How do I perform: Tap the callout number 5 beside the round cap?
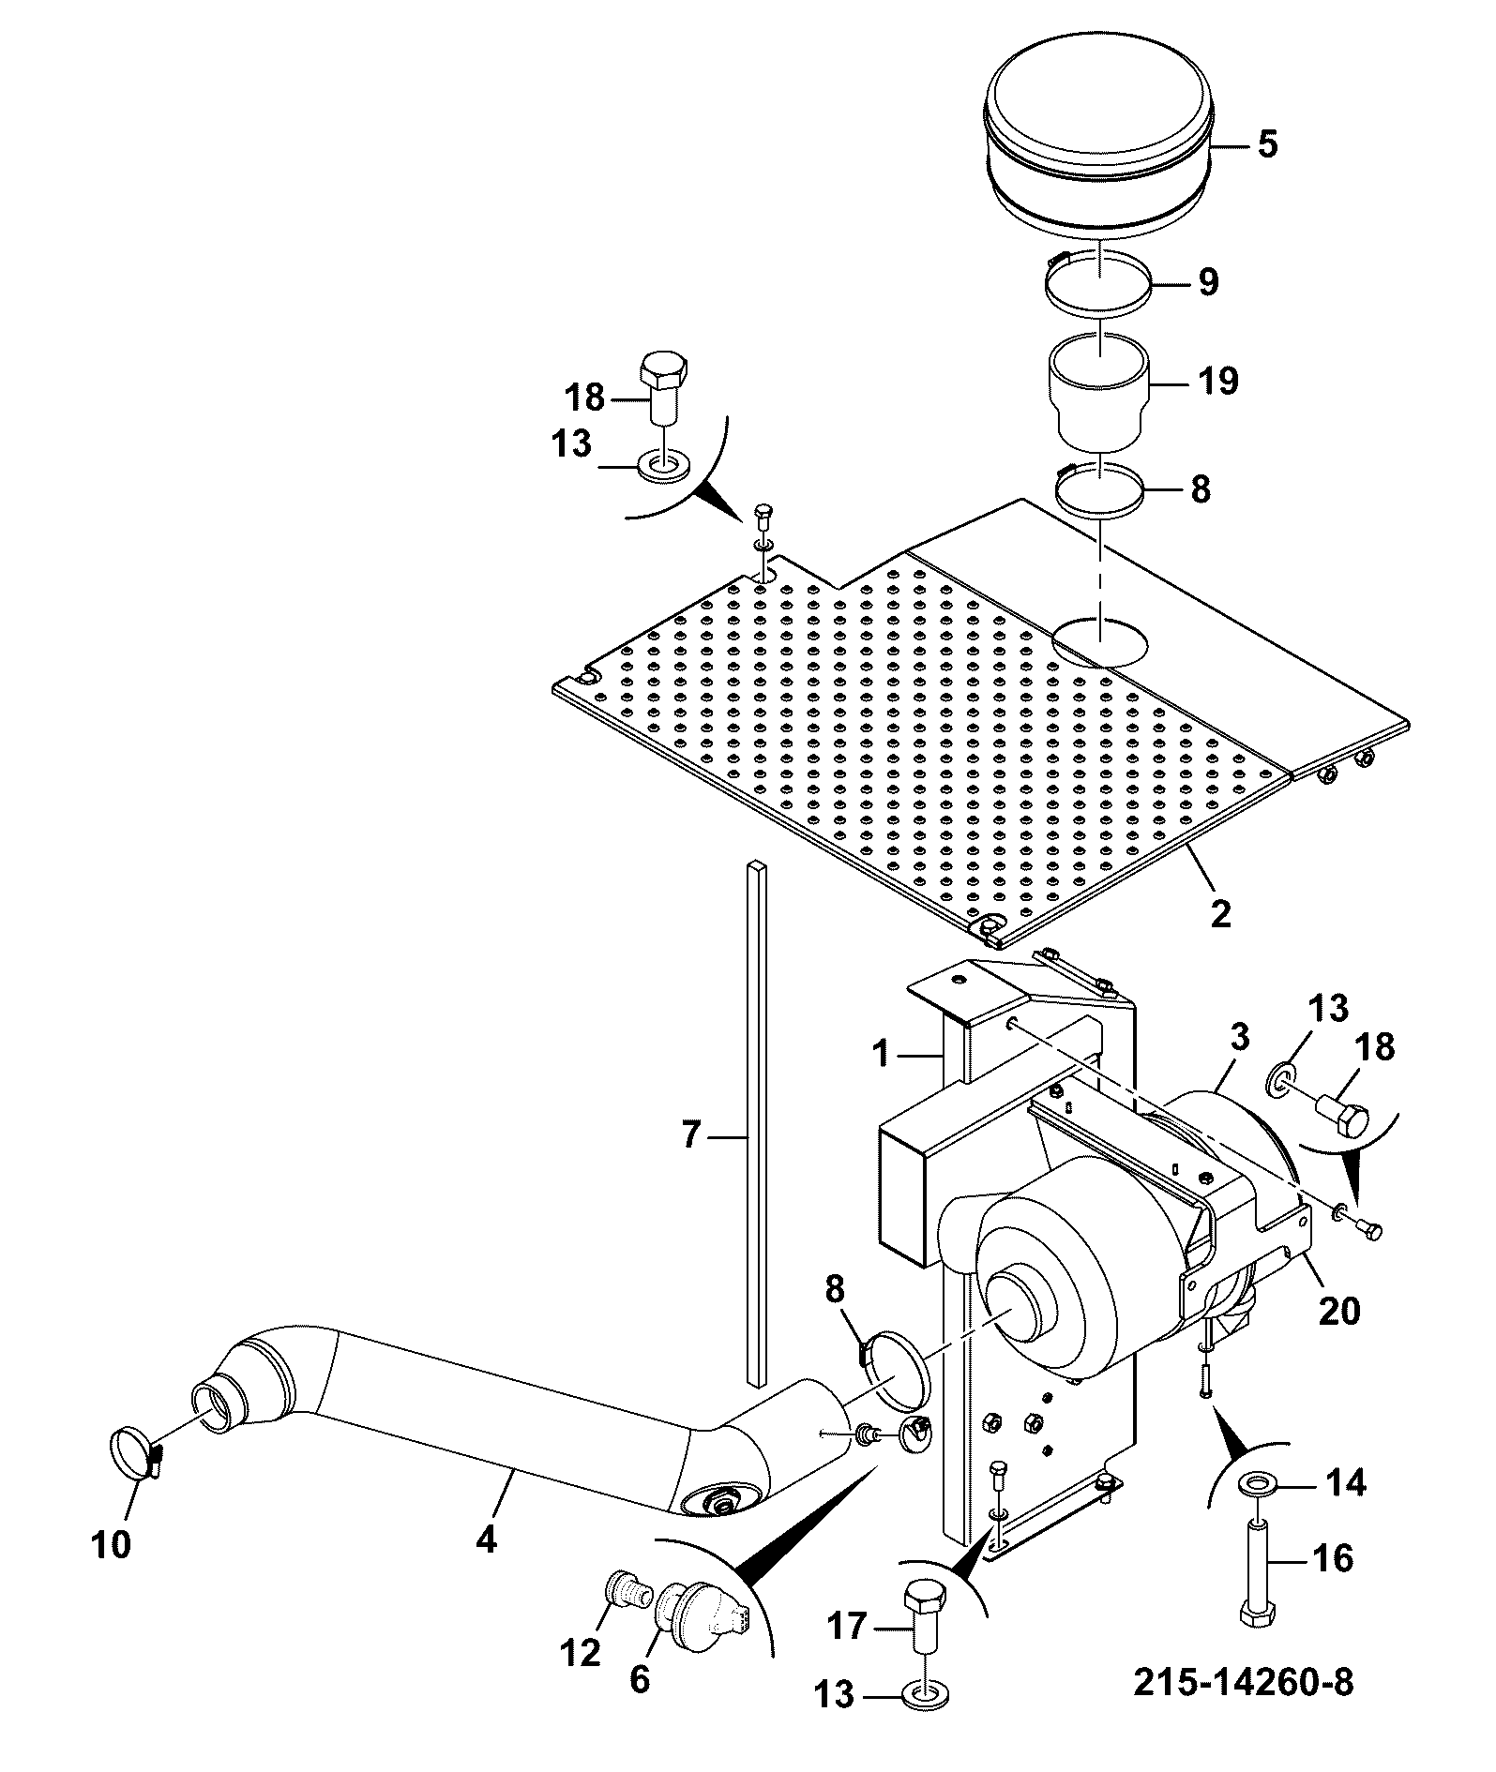(x=1266, y=145)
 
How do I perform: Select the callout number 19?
(x=1217, y=381)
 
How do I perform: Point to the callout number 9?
(x=1207, y=281)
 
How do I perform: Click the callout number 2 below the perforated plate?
(x=1220, y=913)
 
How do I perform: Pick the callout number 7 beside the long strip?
(x=690, y=1135)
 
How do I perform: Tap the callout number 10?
(x=112, y=1543)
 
